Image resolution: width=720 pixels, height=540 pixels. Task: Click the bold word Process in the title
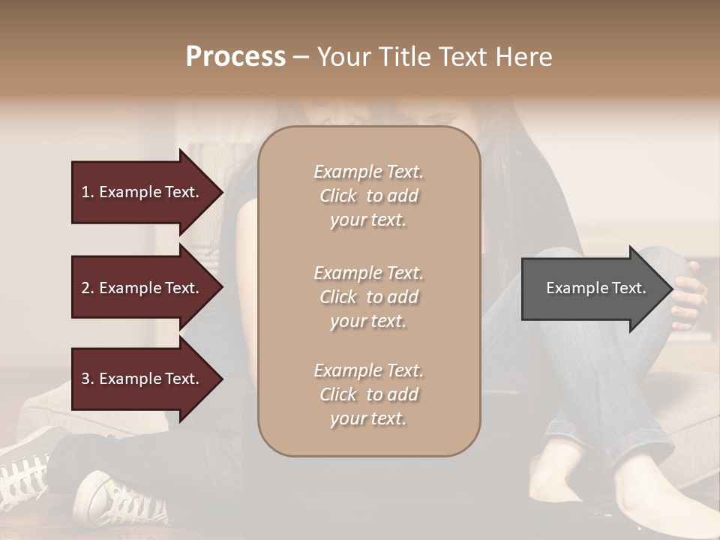(235, 57)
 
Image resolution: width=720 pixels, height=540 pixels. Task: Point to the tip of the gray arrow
(671, 288)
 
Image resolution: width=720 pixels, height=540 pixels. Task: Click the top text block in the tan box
(368, 196)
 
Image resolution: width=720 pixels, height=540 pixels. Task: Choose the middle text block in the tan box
(368, 297)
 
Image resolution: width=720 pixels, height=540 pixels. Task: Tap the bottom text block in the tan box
(368, 394)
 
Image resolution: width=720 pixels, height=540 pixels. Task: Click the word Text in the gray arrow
(629, 288)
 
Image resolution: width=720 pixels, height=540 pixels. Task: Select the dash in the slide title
(301, 57)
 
